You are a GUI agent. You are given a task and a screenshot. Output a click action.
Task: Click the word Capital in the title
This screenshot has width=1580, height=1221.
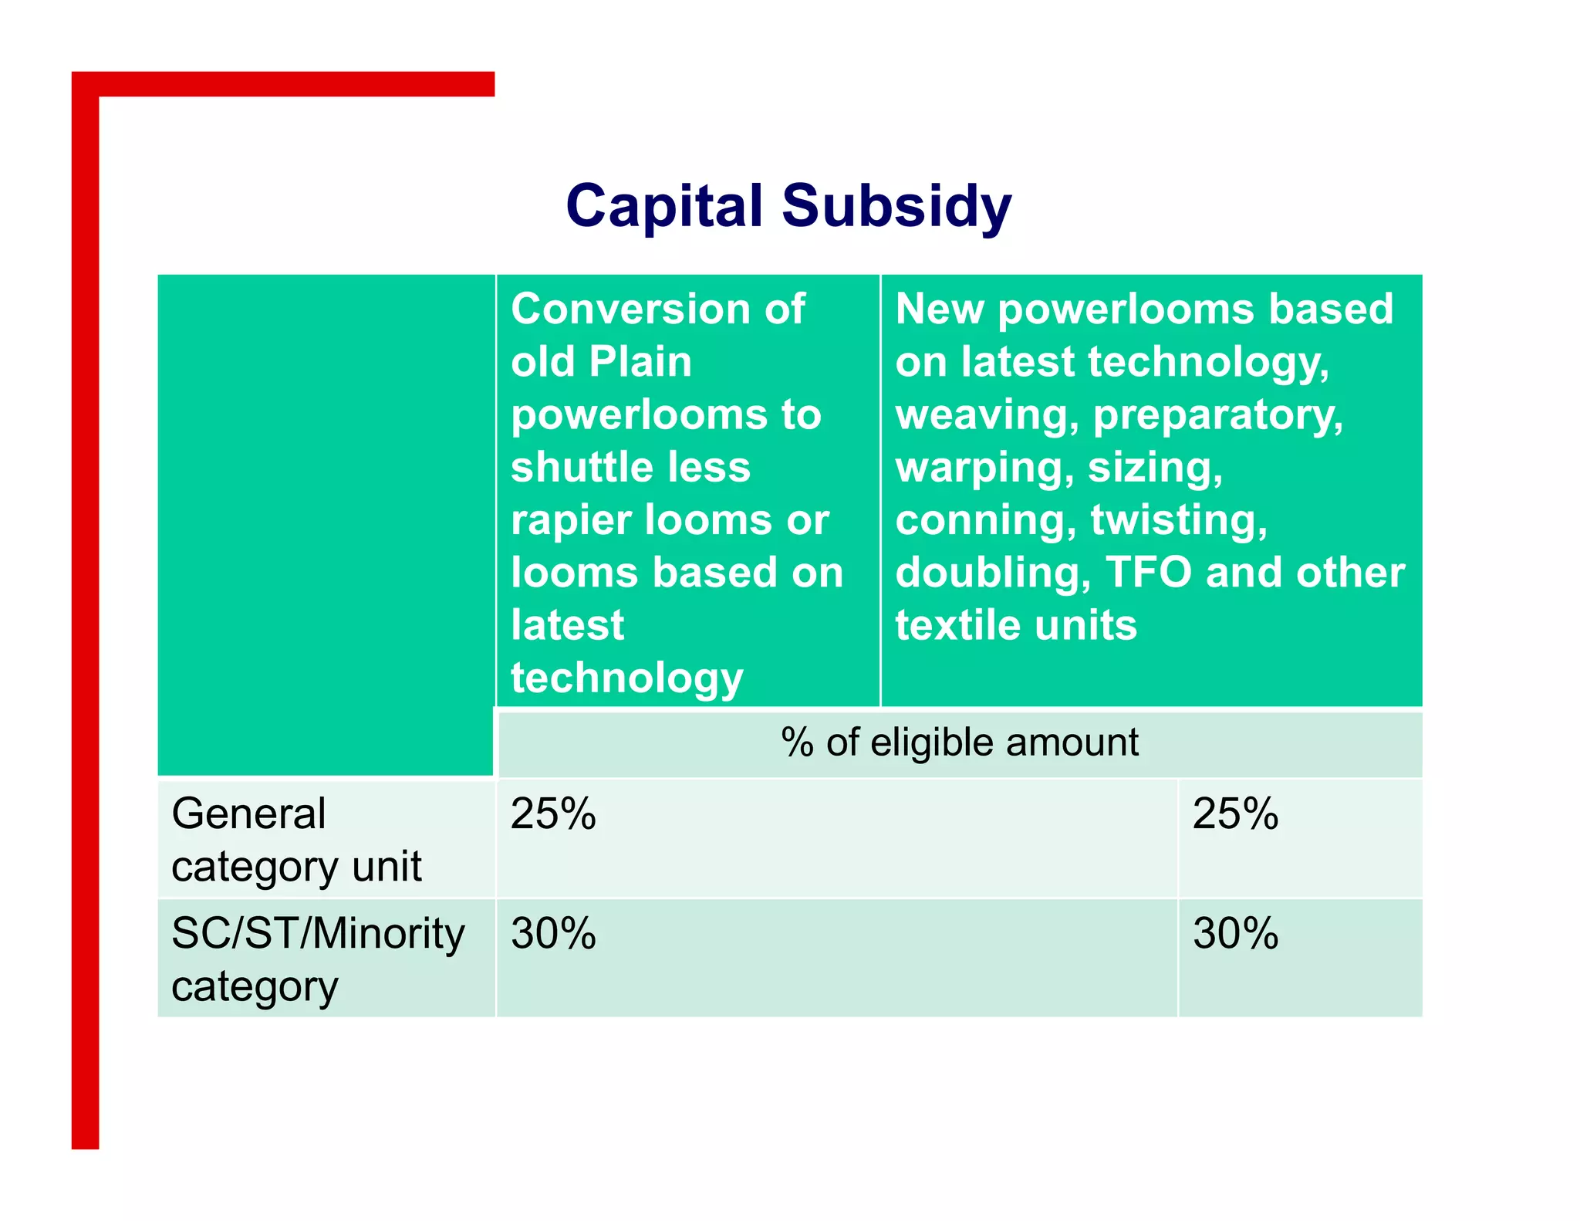pyautogui.click(x=664, y=207)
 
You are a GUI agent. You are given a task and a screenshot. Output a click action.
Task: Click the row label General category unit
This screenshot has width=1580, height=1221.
pyautogui.click(x=296, y=840)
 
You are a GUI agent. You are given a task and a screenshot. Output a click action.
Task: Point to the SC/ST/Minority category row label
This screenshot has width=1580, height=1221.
pyautogui.click(x=318, y=959)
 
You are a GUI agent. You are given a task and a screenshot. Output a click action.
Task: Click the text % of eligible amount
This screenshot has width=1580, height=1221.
pyautogui.click(x=960, y=742)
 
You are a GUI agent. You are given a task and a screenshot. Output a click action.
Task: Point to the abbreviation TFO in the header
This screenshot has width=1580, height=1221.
pyautogui.click(x=1149, y=573)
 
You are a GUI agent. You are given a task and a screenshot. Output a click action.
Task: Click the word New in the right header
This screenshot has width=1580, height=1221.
pyautogui.click(x=939, y=309)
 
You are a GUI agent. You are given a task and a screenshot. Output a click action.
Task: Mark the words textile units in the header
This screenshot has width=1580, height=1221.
pyautogui.click(x=1015, y=624)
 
